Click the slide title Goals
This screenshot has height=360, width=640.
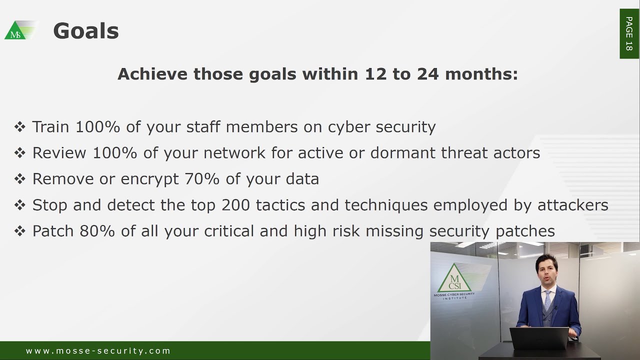pos(85,31)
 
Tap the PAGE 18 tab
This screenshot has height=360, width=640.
pos(629,33)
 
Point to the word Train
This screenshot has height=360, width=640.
pos(50,127)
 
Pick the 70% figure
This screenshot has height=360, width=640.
pos(202,179)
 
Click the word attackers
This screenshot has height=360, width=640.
pos(573,205)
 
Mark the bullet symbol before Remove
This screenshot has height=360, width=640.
pos(20,179)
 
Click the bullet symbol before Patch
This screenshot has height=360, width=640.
pos(20,231)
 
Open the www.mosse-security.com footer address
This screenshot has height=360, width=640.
pos(98,351)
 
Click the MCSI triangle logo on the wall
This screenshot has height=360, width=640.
pos(454,279)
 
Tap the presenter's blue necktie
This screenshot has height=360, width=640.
pos(547,300)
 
